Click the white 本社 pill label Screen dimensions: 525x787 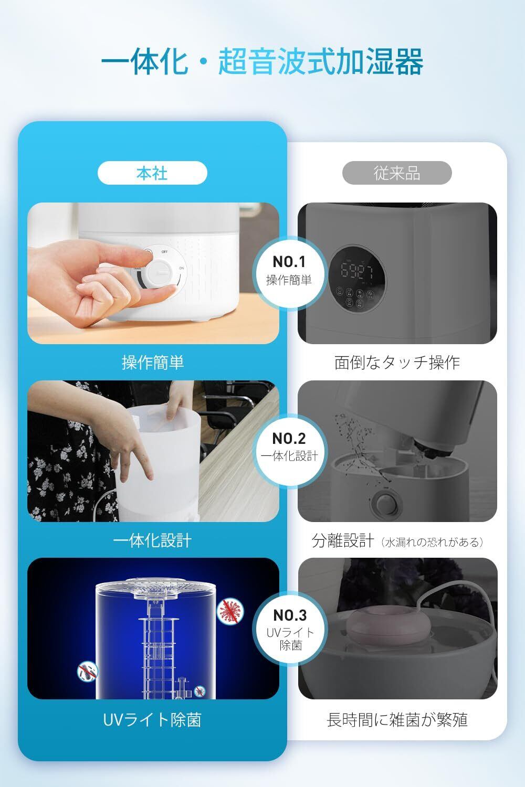152,173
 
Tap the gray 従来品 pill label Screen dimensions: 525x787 397,173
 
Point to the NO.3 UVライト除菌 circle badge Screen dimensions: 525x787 290,629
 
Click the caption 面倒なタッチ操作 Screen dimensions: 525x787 397,362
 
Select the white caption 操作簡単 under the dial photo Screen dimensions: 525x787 153,362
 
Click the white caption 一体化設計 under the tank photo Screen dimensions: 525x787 152,540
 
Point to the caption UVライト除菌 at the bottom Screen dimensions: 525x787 152,719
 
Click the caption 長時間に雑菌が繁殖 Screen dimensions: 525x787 397,719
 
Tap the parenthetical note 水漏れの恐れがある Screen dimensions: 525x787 432,542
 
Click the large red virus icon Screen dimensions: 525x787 230,611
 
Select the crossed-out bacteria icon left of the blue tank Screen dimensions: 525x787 87,672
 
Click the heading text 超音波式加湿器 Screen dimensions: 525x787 320,62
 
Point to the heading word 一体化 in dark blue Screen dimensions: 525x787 144,62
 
